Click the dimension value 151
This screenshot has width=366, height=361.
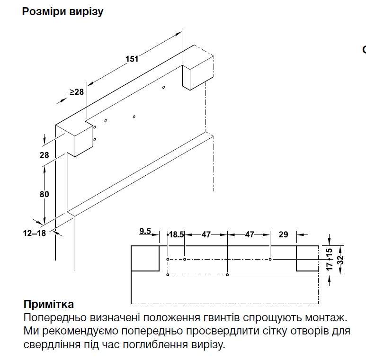pos(132,59)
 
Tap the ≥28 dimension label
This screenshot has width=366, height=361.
pos(76,91)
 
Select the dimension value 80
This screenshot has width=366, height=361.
pos(45,194)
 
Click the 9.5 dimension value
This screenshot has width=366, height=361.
pos(145,231)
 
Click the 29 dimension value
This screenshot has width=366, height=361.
pos(283,234)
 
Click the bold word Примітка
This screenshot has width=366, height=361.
pos(48,304)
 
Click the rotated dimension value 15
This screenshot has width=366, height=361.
pos(330,252)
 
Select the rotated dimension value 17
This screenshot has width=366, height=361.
pos(330,265)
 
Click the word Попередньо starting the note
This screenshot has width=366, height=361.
pos(50,316)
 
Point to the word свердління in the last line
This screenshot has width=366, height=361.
pos(48,344)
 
